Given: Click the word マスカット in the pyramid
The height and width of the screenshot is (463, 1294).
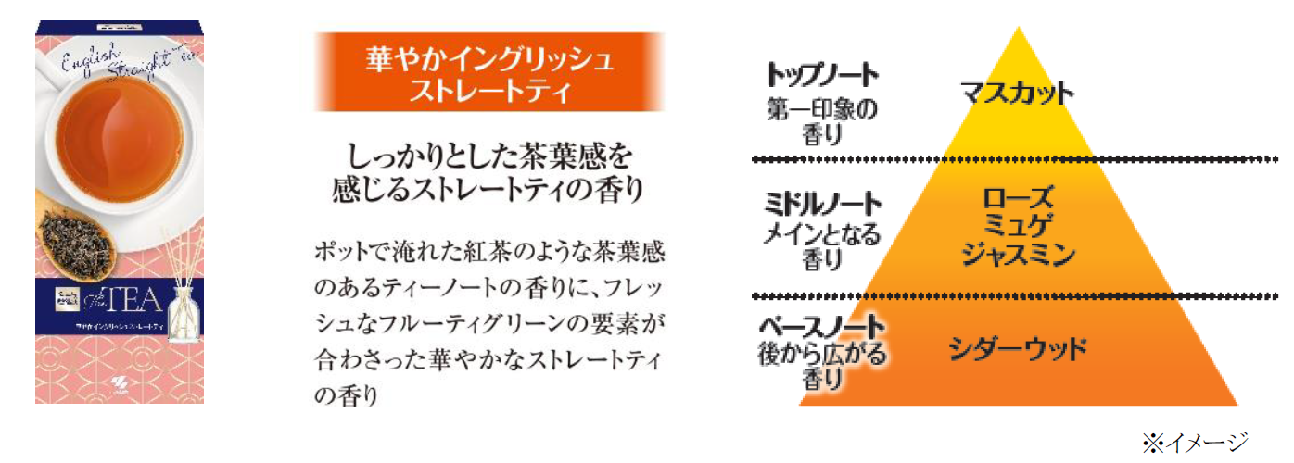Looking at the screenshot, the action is [x=1017, y=94].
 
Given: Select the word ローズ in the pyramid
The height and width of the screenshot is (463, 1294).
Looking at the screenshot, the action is [x=1017, y=198].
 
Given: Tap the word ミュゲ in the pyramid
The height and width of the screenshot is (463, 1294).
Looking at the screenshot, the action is [x=1017, y=225].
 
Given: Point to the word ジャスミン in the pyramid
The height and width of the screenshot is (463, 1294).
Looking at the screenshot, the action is [x=1017, y=252].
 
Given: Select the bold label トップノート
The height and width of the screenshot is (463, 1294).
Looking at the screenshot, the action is [x=823, y=73].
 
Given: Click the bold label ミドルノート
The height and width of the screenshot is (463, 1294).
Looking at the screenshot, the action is [x=822, y=203].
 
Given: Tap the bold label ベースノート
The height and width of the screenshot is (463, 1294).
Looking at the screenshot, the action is [x=822, y=325].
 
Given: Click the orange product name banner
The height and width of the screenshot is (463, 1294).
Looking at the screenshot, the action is [x=488, y=72].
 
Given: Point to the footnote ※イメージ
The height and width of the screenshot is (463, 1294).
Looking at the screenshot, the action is [x=1195, y=441].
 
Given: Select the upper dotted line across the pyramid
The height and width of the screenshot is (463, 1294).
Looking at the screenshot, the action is [x=1018, y=159].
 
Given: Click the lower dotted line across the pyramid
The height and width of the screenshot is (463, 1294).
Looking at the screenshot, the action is [x=1018, y=296].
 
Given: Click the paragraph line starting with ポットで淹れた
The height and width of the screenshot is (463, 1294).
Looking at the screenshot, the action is [x=490, y=253].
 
